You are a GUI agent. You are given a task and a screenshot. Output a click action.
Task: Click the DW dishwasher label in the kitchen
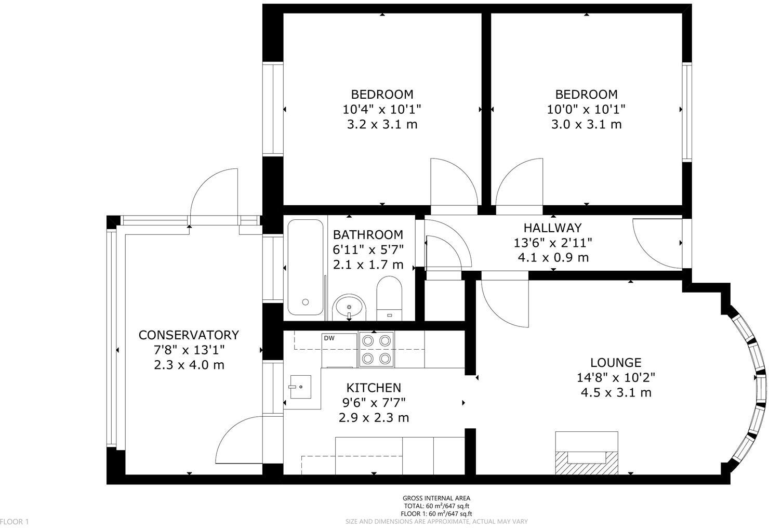(329, 338)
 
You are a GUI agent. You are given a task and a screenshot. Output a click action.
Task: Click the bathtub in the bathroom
(305, 268)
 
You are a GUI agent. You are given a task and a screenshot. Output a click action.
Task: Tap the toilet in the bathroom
(389, 299)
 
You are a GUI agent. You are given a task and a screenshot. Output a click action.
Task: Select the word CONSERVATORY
(189, 335)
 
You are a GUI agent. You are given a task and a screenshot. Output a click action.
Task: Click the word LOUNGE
(616, 363)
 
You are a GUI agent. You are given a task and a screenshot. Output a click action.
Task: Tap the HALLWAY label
(552, 228)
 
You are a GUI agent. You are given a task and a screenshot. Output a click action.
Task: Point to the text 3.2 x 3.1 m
(382, 124)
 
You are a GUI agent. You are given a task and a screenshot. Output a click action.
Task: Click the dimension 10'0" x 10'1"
(586, 110)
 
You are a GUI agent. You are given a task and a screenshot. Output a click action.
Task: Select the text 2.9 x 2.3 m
(374, 417)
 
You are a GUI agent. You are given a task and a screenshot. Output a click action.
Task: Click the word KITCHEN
(374, 388)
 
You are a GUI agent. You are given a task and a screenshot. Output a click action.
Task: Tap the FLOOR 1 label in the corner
(15, 521)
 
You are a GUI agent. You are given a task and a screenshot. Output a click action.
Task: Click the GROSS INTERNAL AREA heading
(436, 498)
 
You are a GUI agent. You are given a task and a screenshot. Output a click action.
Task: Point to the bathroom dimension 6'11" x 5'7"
(368, 249)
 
